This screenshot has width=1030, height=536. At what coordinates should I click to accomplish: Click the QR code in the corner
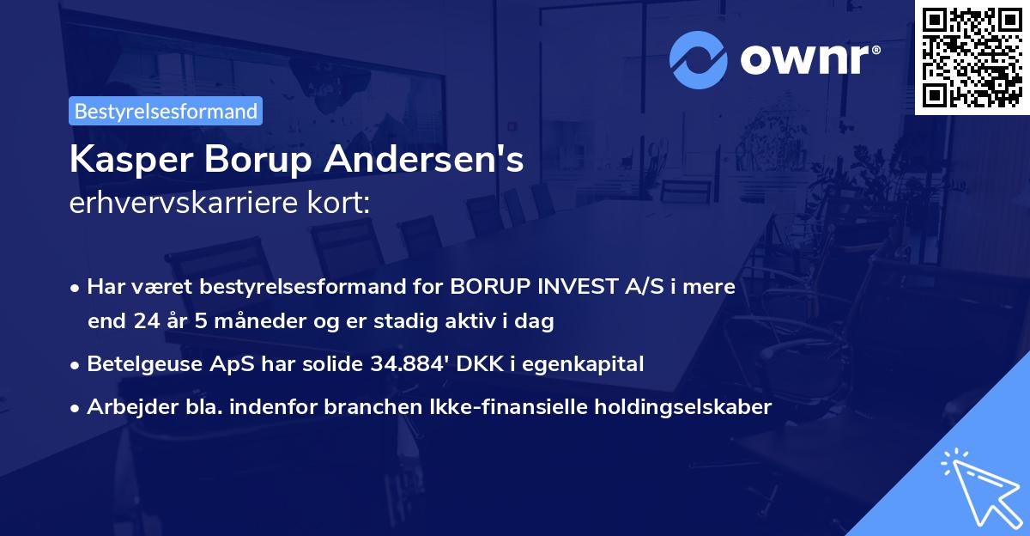point(972,57)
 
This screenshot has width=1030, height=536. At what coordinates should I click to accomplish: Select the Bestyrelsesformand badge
point(166,111)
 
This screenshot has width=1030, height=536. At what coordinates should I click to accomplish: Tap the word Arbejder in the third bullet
point(125,407)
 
